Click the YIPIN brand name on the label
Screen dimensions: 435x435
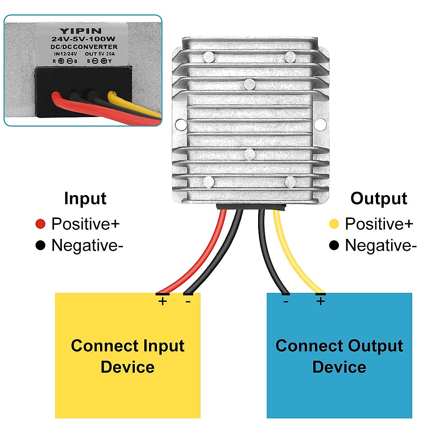tap(80, 31)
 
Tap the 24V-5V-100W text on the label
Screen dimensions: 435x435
tap(83, 39)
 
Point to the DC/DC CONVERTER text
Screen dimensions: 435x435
tap(84, 47)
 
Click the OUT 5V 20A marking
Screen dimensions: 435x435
tap(100, 54)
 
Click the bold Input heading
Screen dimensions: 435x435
tap(85, 199)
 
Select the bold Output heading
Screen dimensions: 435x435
tap(379, 199)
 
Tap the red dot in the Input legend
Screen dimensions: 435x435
tap(40, 224)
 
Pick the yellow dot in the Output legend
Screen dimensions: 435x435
tap(334, 224)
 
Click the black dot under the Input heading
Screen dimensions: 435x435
tap(40, 245)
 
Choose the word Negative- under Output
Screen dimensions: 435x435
tap(381, 245)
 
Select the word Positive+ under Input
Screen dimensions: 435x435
tap(86, 224)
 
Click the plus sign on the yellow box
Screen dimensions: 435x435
tap(163, 301)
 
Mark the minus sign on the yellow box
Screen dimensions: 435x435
tap(188, 301)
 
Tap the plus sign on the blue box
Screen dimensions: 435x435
tap(320, 301)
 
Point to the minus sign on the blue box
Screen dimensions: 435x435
tap(286, 301)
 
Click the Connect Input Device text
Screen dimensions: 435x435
tap(128, 356)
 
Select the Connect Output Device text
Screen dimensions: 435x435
tap(339, 356)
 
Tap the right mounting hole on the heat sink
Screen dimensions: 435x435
tap(320, 125)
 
